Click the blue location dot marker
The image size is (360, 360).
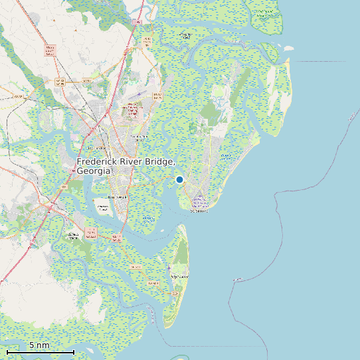pyautogui.click(x=179, y=179)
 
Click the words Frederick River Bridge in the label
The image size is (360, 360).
pyautogui.click(x=126, y=162)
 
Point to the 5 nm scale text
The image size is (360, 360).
pyautogui.click(x=39, y=345)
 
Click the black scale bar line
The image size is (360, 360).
pyautogui.click(x=40, y=351)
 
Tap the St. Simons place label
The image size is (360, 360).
pyautogui.click(x=199, y=211)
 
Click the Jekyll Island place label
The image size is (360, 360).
pyautogui.click(x=180, y=275)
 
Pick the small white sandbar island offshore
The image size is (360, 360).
pyautogui.click(x=288, y=48)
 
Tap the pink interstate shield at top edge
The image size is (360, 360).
pyautogui.click(x=137, y=23)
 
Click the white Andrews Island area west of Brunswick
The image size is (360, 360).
pyautogui.click(x=103, y=208)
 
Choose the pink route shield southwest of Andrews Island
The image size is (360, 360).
pyautogui.click(x=91, y=234)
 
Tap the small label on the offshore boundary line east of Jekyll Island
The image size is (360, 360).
pyautogui.click(x=237, y=279)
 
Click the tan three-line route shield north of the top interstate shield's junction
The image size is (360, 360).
pyautogui.click(x=147, y=42)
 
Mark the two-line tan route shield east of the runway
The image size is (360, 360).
pyautogui.click(x=157, y=97)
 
